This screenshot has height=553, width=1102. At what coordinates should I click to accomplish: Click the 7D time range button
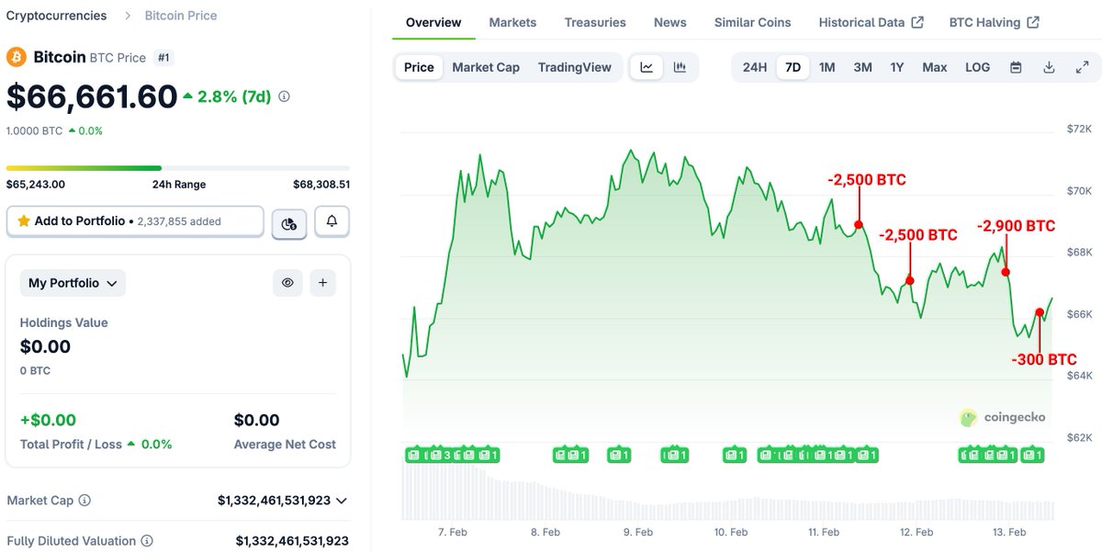[793, 67]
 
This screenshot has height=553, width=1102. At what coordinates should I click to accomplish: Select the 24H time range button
[755, 67]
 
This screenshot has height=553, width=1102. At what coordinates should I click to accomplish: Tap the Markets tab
[512, 22]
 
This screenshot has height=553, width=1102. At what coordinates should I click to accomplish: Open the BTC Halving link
[994, 22]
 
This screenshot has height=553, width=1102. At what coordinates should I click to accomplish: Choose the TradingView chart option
[574, 67]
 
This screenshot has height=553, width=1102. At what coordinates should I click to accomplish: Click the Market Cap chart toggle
[486, 67]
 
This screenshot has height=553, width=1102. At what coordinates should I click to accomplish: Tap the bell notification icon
[332, 221]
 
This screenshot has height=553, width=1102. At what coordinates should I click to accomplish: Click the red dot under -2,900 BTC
[1006, 271]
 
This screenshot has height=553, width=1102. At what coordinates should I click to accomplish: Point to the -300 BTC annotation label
[1043, 359]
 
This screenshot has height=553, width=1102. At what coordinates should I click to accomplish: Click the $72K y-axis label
[1078, 129]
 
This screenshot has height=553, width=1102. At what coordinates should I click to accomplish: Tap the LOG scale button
[977, 67]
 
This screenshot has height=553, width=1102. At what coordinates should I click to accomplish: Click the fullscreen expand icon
[1082, 67]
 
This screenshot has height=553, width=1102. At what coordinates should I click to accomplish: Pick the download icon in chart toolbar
[1049, 67]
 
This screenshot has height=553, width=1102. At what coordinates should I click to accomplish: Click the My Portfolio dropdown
[73, 283]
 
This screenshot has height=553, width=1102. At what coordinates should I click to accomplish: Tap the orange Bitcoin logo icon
[17, 57]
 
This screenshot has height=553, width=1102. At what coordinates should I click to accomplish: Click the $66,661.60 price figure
[92, 96]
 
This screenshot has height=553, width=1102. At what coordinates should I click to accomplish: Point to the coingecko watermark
[1003, 417]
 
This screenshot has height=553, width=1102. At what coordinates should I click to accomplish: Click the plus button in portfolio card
[322, 283]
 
